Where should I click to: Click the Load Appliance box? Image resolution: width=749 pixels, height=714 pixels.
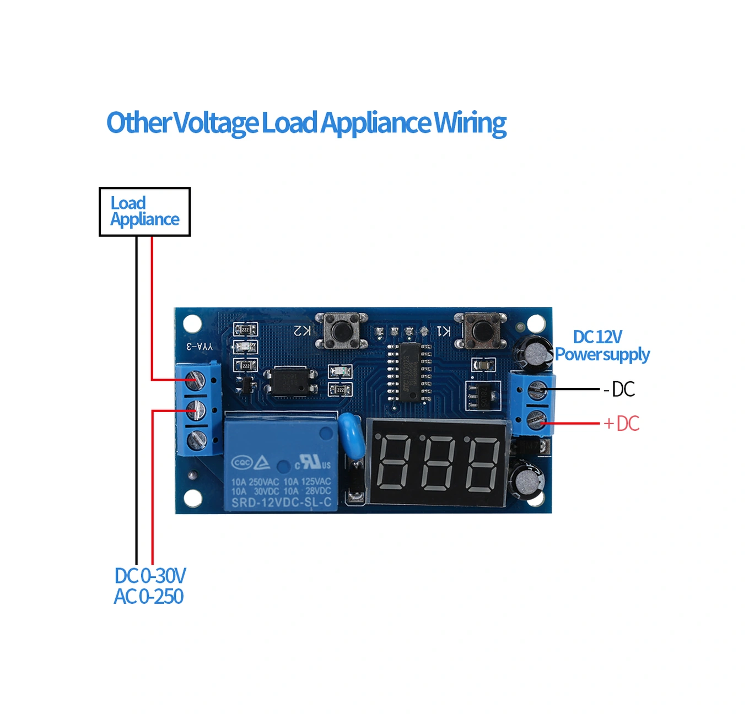[144, 212]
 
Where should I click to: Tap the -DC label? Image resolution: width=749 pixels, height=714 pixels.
[619, 390]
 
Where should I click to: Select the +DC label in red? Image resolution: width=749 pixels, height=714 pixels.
[621, 424]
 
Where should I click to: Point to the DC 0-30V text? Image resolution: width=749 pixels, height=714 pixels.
[150, 576]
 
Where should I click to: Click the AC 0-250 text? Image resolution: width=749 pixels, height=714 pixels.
[148, 597]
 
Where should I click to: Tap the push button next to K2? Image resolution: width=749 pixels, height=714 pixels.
[341, 331]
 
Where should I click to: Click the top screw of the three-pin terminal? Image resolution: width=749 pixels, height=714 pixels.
[196, 380]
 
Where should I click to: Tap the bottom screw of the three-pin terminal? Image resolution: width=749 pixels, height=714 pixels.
[196, 440]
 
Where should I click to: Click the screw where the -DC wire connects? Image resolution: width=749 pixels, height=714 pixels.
[537, 390]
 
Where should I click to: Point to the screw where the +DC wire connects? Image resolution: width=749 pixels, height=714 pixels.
[537, 420]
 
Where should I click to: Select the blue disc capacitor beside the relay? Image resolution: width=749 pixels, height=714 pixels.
[351, 433]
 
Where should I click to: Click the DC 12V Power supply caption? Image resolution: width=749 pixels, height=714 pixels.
[601, 345]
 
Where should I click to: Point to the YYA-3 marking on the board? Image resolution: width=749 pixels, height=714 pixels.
[199, 346]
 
